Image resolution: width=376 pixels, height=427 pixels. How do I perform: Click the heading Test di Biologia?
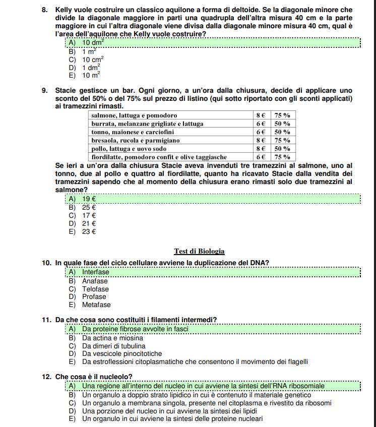coord(199,251)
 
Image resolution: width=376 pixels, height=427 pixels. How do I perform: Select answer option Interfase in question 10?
coord(95,272)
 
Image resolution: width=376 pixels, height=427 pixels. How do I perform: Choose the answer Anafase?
coord(95,281)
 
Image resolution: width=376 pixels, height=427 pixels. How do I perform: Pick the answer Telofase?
coord(95,289)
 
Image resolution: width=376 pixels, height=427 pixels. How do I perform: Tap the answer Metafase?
coord(96,304)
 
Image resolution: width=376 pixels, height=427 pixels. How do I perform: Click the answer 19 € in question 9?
coord(89,199)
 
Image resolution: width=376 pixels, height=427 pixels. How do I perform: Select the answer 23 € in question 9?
coord(89,232)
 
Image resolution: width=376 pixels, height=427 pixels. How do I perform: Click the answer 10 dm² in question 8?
coord(93,43)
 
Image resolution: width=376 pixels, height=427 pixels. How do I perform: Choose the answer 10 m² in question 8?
coord(91,75)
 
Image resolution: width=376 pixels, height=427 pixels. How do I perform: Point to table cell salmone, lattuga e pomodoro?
coord(134,115)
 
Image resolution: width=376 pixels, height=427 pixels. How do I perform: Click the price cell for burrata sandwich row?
coord(261,124)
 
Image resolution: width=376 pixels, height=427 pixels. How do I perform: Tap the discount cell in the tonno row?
coord(282,132)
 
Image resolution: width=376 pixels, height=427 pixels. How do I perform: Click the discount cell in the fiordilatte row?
coord(282,157)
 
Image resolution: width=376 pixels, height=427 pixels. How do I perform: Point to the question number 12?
coord(46,377)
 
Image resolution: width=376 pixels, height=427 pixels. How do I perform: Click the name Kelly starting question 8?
coord(65,10)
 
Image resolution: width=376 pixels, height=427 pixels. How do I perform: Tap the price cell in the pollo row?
coord(261,149)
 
